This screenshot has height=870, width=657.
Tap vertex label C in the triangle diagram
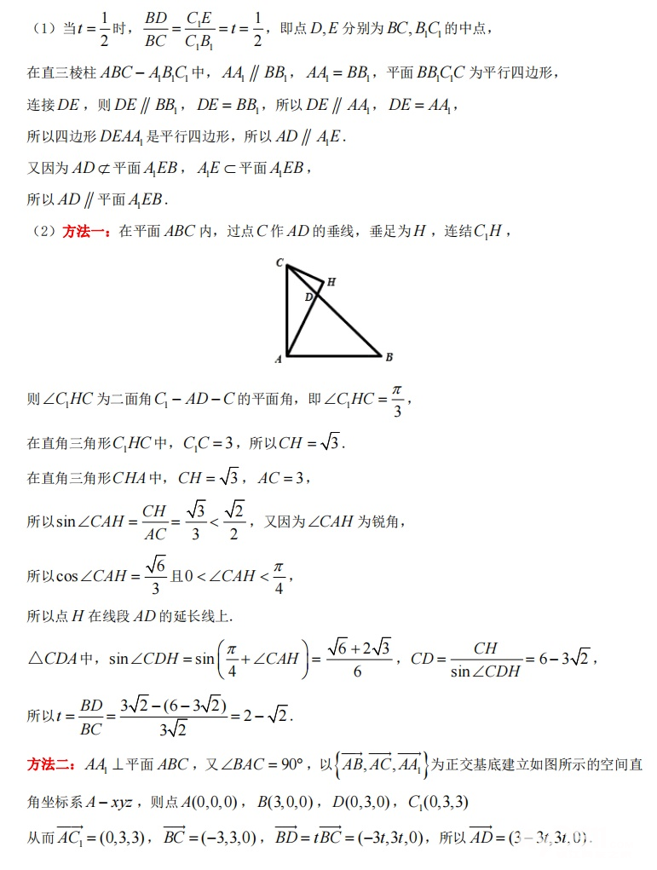(x=280, y=262)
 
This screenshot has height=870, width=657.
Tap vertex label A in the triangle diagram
(x=278, y=360)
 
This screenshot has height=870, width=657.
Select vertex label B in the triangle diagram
(x=389, y=357)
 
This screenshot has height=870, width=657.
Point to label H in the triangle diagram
(x=331, y=281)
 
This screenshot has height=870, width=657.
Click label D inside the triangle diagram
(x=308, y=297)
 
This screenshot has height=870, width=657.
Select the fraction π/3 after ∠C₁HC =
(x=396, y=400)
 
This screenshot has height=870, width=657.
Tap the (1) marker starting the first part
(x=43, y=29)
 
